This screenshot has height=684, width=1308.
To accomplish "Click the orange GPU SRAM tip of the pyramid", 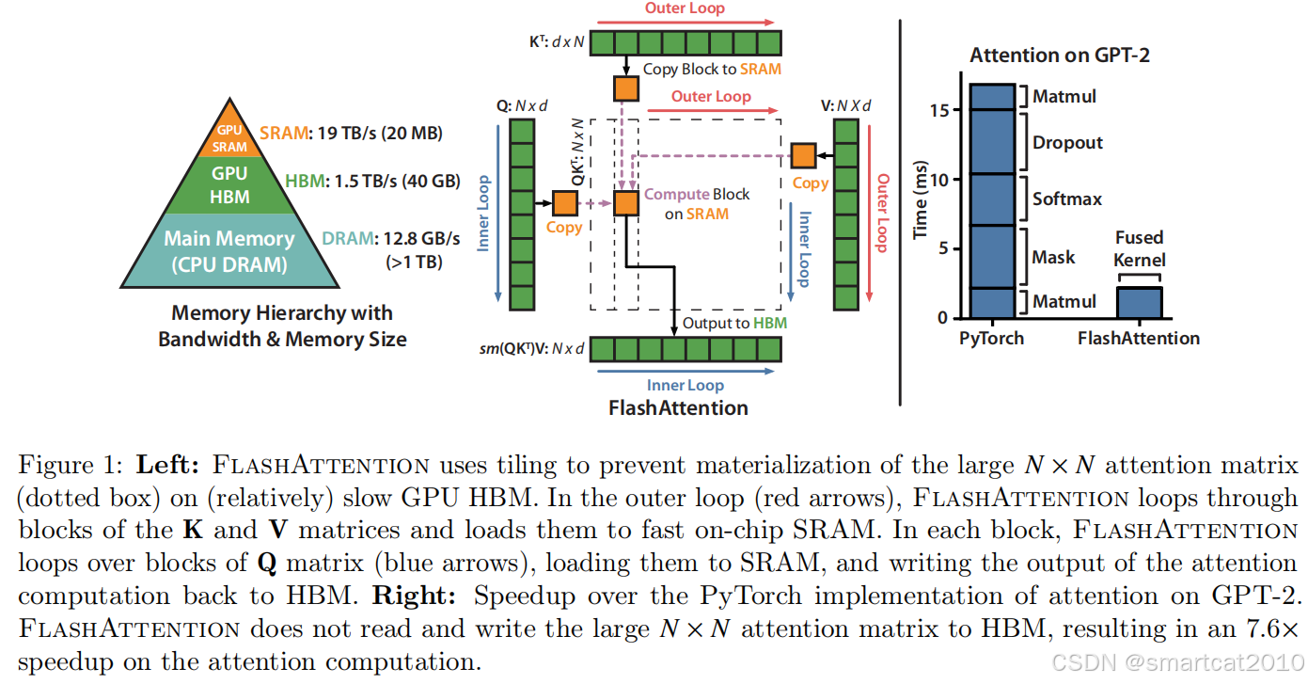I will [x=229, y=138].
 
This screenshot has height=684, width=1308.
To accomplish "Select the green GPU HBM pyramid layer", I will [x=229, y=183].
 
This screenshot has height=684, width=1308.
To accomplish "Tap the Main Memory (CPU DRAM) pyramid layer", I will [x=229, y=250].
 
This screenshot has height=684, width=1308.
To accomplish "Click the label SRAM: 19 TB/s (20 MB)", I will [x=351, y=134].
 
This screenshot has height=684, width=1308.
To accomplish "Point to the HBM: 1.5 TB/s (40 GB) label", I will [x=372, y=181].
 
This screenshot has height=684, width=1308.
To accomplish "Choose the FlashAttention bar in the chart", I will [x=1138, y=303].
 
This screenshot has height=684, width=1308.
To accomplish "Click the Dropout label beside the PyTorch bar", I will [x=1068, y=143].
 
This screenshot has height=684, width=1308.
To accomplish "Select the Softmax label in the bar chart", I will [x=1067, y=199].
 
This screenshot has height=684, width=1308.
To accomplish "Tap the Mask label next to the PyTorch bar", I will [x=1053, y=257].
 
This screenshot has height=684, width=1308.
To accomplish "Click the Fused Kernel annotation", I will [x=1140, y=248].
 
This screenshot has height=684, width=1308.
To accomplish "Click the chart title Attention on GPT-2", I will [x=1060, y=56].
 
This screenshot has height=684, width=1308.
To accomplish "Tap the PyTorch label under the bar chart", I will [x=991, y=338].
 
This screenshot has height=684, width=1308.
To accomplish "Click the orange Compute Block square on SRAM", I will [x=626, y=202].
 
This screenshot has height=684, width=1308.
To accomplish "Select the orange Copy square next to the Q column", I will [x=564, y=202].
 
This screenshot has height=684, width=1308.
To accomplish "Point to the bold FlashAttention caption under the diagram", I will [x=679, y=407].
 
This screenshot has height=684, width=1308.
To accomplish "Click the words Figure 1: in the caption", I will [x=73, y=465].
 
